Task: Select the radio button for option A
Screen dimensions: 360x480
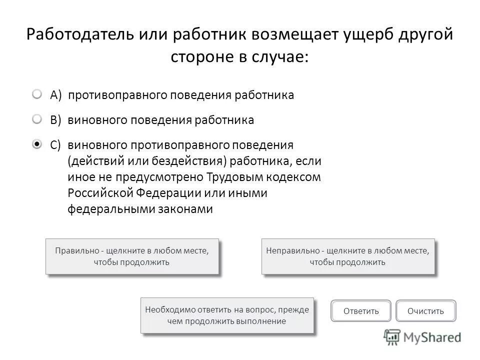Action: point(38,94)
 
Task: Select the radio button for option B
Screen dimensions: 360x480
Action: point(38,119)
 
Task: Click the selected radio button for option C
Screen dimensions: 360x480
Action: point(38,144)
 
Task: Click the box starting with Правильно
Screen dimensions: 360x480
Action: point(132,256)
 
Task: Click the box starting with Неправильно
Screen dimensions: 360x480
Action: point(347,256)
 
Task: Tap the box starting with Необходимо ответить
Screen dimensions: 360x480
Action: point(227,315)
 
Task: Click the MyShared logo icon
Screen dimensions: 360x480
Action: point(392,337)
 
